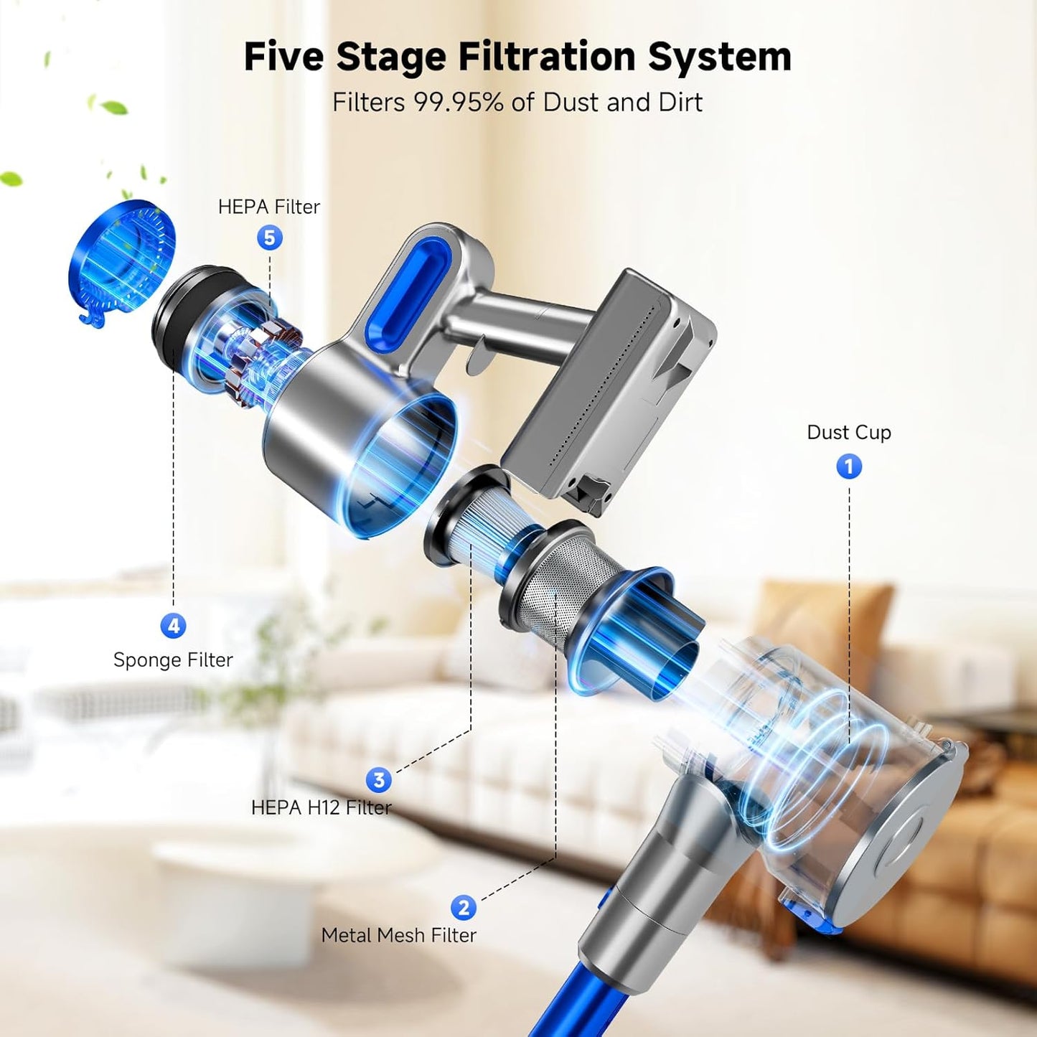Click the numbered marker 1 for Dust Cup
tap(849, 467)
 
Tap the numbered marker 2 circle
tap(464, 908)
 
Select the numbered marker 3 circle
tap(379, 780)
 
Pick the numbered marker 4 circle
tap(173, 626)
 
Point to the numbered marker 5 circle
tap(270, 238)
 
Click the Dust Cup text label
tap(849, 433)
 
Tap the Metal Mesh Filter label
tap(398, 935)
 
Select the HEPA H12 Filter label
tap(321, 808)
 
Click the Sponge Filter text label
tap(173, 660)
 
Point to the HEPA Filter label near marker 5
tap(269, 207)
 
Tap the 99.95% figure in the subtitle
tap(458, 103)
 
